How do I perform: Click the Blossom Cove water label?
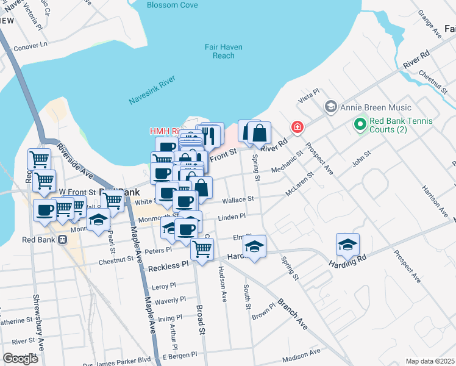[x=173, y=5]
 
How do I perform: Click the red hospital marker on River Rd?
[x=297, y=127]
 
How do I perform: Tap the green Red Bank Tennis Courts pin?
[x=360, y=126]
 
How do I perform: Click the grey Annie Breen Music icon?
[x=330, y=107]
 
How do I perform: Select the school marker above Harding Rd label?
[x=347, y=244]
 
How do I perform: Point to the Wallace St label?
[x=238, y=199]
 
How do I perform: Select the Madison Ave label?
[x=301, y=352]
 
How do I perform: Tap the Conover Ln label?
[x=30, y=45]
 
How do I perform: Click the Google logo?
[x=20, y=359]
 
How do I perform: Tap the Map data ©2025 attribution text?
[x=430, y=361]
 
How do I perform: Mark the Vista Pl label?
[x=308, y=95]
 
